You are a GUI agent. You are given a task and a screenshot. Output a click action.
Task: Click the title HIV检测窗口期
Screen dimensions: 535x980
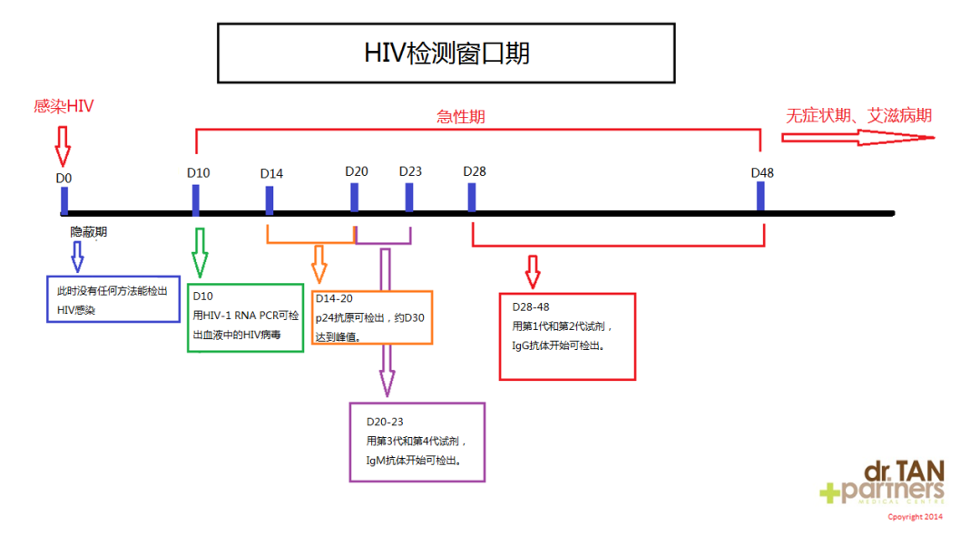pos(446,53)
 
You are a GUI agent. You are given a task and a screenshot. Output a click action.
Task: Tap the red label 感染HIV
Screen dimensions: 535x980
pos(64,106)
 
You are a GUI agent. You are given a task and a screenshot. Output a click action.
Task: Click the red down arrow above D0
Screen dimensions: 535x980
pos(63,144)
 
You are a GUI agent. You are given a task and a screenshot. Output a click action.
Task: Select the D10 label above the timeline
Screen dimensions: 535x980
pos(199,172)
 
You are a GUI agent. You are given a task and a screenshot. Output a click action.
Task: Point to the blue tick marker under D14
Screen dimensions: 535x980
pos(269,200)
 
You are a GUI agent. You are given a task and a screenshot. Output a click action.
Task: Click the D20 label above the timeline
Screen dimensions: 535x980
pos(357,171)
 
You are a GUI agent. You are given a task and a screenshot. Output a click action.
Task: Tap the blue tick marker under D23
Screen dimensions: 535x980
pos(409,198)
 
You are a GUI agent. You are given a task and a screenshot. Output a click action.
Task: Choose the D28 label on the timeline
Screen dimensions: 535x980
pos(475,171)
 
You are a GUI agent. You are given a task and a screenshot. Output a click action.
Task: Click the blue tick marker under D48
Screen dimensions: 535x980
pos(760,197)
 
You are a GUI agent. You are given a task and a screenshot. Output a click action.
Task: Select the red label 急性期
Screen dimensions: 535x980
pos(460,116)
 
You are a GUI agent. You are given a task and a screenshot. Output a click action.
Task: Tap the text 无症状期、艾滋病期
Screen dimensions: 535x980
pos(858,115)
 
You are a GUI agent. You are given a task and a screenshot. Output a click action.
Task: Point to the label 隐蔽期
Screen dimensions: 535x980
pos(89,232)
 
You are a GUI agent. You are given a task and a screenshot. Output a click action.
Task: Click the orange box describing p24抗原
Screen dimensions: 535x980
pos(372,317)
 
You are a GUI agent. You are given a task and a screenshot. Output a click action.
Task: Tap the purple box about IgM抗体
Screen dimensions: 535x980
pos(417,442)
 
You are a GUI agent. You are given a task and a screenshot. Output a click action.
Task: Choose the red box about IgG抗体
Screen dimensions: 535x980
pos(567,336)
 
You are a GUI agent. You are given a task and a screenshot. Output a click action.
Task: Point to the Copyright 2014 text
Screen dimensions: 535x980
pos(915,517)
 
